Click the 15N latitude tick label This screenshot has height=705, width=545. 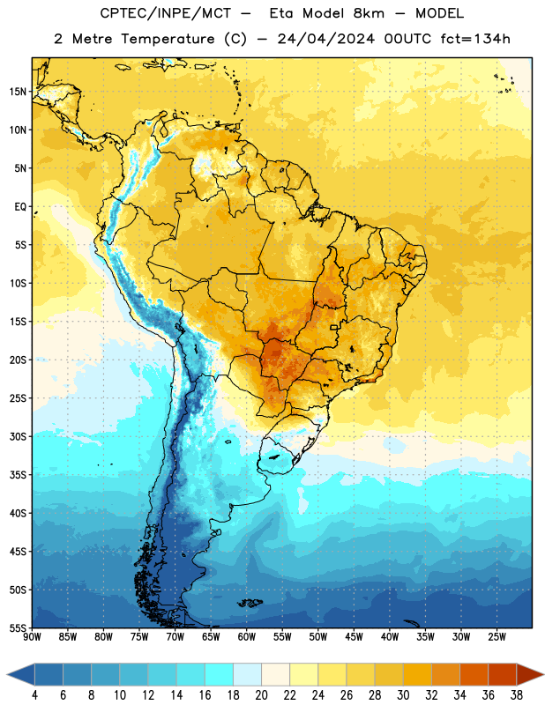(18, 92)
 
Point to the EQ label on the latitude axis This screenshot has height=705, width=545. (20, 207)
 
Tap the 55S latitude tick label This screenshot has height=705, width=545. (18, 627)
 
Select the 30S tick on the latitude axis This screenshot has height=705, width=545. (18, 436)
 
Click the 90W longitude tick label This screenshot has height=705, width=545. (32, 637)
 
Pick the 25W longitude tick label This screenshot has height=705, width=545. (496, 637)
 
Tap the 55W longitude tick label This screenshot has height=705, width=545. (282, 637)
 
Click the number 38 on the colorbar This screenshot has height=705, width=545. (517, 695)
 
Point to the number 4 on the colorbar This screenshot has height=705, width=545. (34, 695)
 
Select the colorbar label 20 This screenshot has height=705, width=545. (261, 695)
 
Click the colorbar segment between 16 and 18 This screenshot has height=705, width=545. (220, 675)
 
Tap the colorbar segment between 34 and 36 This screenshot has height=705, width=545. (474, 675)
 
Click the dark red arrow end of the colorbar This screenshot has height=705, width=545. (529, 675)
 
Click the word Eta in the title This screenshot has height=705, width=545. (281, 13)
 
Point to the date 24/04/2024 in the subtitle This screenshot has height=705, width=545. (325, 39)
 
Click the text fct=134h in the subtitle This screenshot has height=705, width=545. (475, 39)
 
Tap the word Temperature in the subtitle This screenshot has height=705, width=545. (168, 40)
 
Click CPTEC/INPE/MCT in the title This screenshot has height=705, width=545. (166, 13)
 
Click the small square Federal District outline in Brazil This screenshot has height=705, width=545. (334, 327)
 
